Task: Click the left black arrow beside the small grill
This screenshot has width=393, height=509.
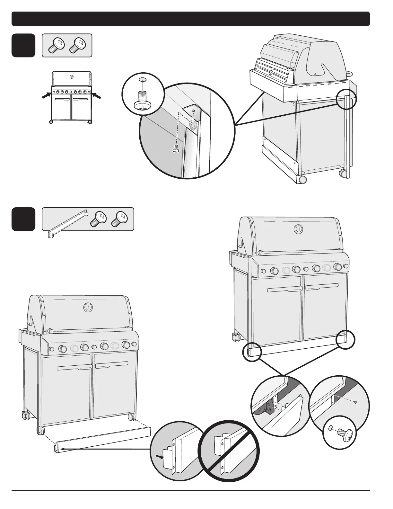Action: point(47,95)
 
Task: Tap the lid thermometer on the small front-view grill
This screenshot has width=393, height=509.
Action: point(71,77)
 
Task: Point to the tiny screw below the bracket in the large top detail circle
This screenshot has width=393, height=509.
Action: point(175,149)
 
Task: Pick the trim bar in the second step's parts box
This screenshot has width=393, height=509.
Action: point(68,222)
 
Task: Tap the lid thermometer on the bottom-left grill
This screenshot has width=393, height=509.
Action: point(87,307)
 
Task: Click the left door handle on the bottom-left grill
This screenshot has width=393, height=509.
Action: point(74,367)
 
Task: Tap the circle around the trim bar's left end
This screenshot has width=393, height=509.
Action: point(252,352)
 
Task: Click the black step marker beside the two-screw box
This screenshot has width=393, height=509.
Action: point(23,45)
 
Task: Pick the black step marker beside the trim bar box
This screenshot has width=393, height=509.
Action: point(23,219)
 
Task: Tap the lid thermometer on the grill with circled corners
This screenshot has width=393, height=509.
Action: point(298,229)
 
